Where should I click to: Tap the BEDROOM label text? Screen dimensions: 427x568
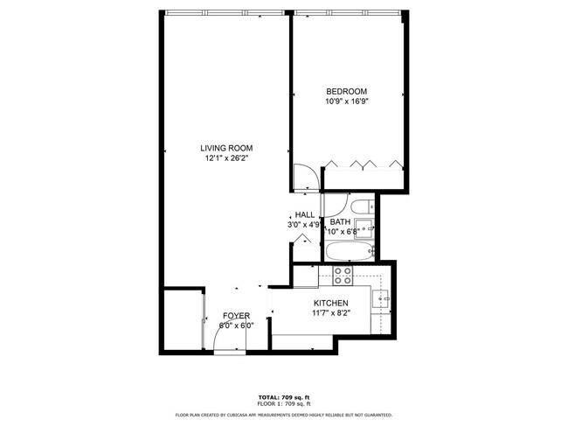coord(346,92)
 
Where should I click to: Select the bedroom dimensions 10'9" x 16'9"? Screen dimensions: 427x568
coord(346,101)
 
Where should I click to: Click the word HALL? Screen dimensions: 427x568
coord(304,215)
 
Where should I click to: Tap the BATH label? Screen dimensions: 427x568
coord(340,222)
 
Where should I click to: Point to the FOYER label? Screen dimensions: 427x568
coord(236,315)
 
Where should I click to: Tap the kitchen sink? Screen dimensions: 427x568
coord(383,299)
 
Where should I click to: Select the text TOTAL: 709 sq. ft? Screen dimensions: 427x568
coord(284,397)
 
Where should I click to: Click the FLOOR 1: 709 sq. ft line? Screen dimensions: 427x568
coord(284,403)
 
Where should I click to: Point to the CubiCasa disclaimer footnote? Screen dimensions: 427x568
coord(284,415)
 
